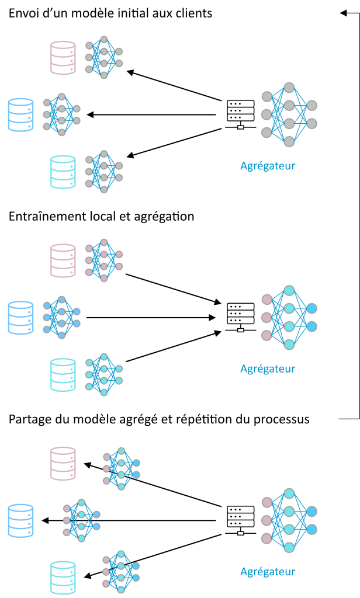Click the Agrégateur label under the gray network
point(268,166)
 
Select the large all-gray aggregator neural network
point(289,114)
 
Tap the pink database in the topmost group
point(63,57)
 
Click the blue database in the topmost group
point(20,114)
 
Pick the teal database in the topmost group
point(63,172)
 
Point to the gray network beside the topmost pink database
point(104,57)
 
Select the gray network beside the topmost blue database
point(61,114)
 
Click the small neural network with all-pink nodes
point(104,260)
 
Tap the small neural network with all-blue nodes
point(61,317)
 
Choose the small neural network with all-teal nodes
point(104,374)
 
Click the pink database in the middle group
point(63,260)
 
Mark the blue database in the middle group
point(20,317)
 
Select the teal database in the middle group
point(63,374)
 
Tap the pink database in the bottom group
point(63,463)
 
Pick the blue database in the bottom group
point(20,520)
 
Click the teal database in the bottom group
point(63,578)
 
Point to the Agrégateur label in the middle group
point(268,369)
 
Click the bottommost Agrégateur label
point(268,572)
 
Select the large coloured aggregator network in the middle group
point(289,317)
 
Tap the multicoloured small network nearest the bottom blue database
point(81,520)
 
